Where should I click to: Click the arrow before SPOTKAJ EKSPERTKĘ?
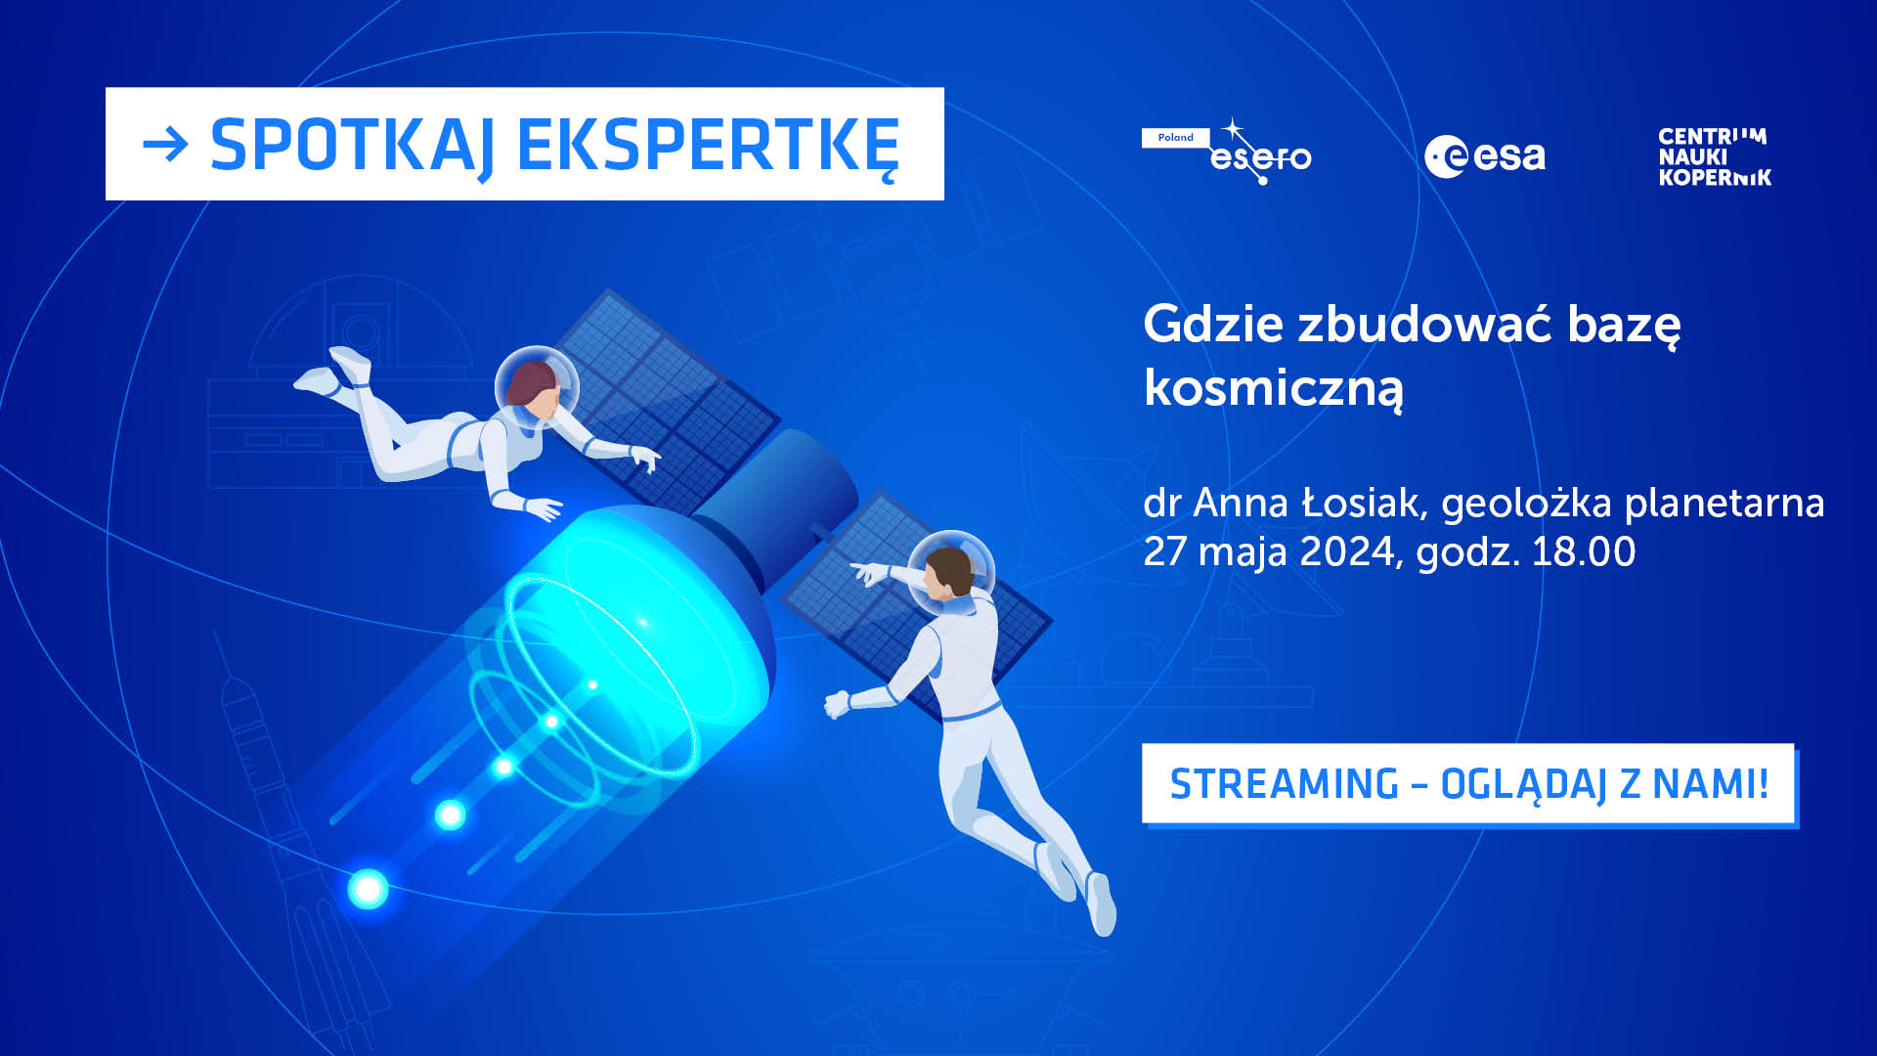(165, 146)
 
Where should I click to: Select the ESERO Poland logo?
(1228, 154)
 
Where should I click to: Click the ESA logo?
(1484, 156)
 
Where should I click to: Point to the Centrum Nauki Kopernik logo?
(1715, 156)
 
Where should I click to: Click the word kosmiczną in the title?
(1273, 388)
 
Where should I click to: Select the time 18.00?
(1583, 552)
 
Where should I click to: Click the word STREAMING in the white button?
(1284, 784)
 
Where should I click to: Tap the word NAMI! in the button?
(1710, 784)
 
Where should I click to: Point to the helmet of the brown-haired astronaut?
(950, 570)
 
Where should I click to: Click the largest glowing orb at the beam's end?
(369, 889)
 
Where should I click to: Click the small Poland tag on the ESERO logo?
(1175, 138)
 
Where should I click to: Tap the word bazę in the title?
(1624, 324)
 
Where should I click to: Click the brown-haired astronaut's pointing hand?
(865, 572)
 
